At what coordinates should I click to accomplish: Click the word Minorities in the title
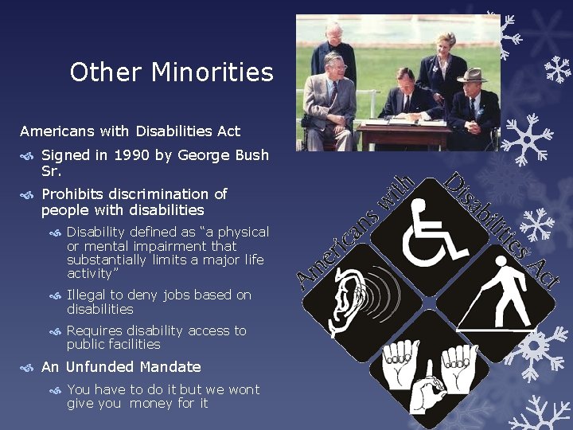pos(212,72)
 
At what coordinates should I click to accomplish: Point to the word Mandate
pos(170,367)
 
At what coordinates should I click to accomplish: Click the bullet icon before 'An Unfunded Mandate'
pos(27,368)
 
